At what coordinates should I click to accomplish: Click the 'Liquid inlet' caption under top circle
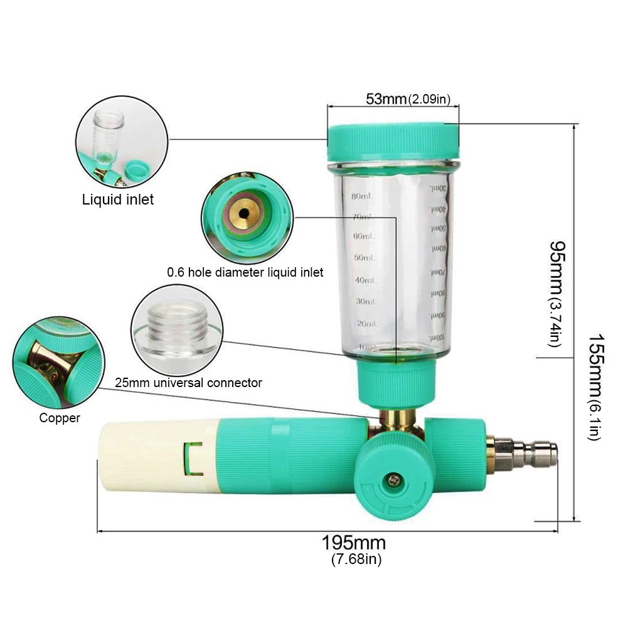[x=118, y=200]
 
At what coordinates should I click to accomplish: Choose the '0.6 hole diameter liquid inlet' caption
[x=245, y=272]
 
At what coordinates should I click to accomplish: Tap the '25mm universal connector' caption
[x=188, y=383]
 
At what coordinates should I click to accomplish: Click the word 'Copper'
[x=60, y=418]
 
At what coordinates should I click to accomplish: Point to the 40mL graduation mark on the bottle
[x=363, y=280]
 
